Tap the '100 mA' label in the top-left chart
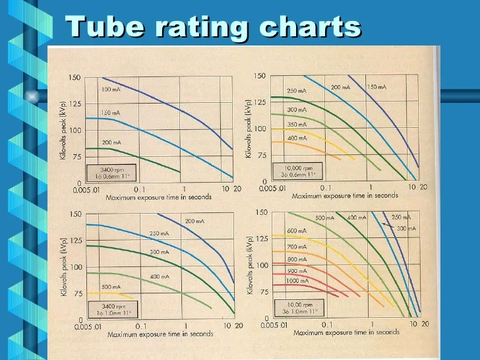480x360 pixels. click(111, 89)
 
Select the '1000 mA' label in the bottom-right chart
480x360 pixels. click(297, 280)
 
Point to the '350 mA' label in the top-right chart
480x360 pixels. click(297, 124)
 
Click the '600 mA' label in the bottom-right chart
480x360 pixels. click(297, 231)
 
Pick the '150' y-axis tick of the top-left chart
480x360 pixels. click(75, 78)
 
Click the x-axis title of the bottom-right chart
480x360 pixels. click(346, 332)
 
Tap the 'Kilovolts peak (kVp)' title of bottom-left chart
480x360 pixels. click(65, 264)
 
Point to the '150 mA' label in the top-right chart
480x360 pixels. click(376, 87)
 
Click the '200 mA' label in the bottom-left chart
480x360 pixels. click(195, 222)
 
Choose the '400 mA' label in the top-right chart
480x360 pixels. click(297, 138)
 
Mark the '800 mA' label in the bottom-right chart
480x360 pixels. click(297, 259)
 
